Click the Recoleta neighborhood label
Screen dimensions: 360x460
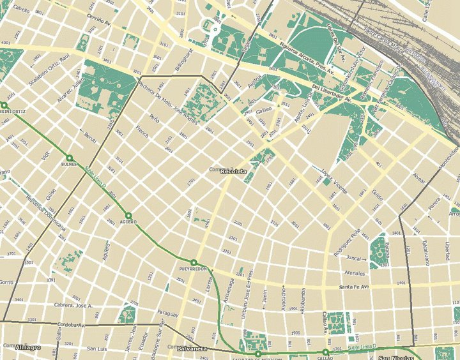tap(233, 172)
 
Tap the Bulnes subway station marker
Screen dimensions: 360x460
tap(69, 158)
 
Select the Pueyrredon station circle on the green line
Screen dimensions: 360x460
tap(193, 262)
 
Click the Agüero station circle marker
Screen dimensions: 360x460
tap(128, 216)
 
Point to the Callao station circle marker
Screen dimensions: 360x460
tap(325, 352)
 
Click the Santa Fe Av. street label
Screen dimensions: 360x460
tap(354, 287)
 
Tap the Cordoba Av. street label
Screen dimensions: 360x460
tap(72, 325)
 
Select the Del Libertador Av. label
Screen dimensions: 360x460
tap(332, 93)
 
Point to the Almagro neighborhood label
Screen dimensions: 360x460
tap(28, 347)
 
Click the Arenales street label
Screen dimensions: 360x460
tap(355, 273)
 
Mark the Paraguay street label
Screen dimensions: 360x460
tap(167, 313)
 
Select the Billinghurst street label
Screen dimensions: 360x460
tap(183, 52)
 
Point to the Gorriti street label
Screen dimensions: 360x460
tap(6, 281)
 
